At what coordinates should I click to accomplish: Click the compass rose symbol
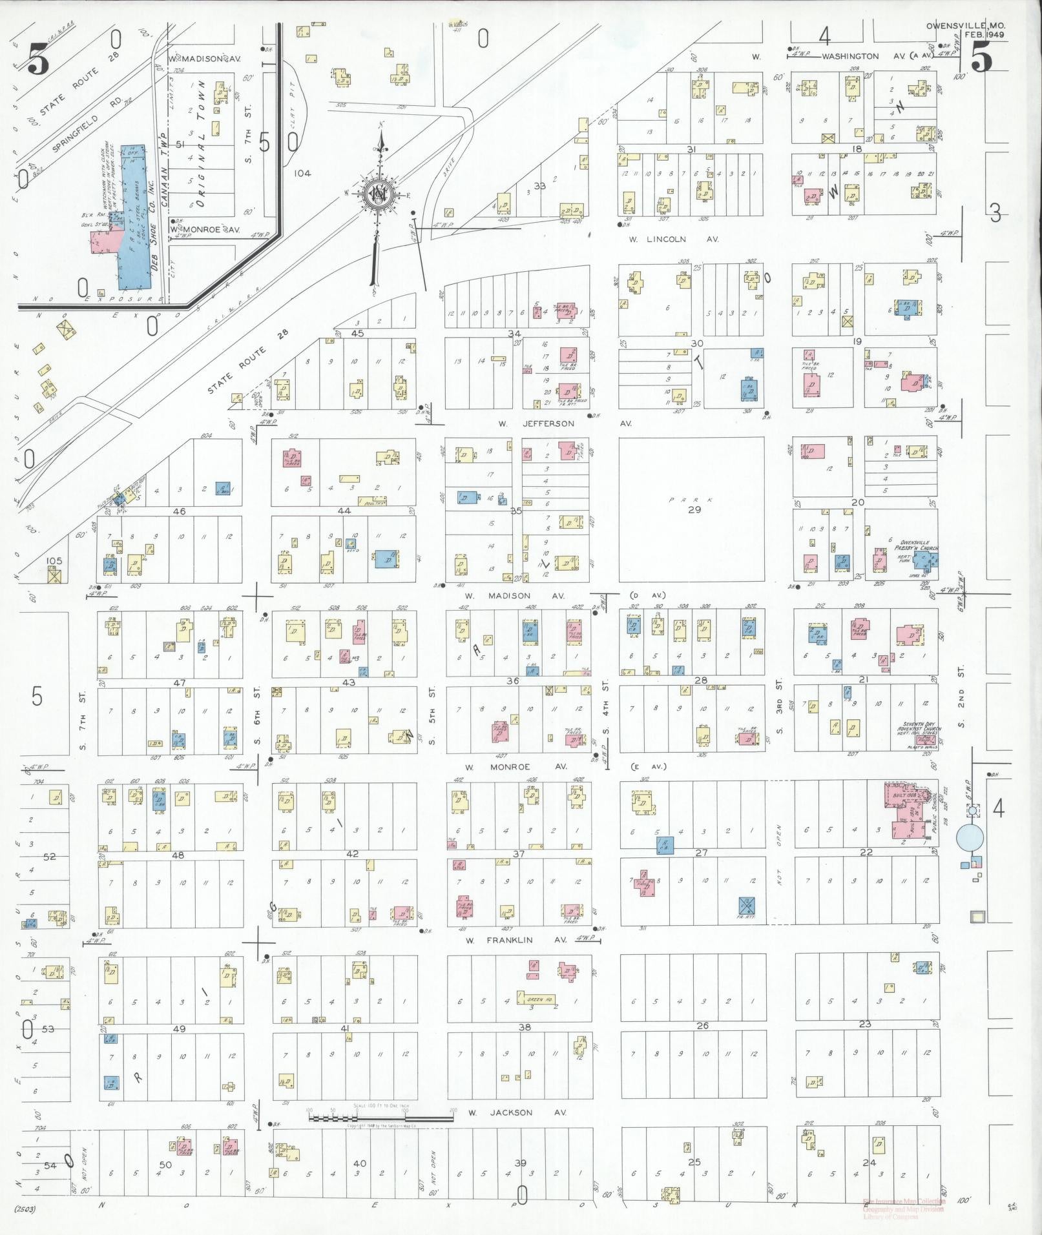(377, 192)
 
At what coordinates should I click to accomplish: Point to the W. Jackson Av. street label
(517, 1112)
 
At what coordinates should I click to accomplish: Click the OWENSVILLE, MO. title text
(964, 26)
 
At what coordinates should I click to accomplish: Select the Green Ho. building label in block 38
(539, 1000)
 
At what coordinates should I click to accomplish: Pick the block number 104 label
(301, 173)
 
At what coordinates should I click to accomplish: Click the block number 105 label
(54, 560)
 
